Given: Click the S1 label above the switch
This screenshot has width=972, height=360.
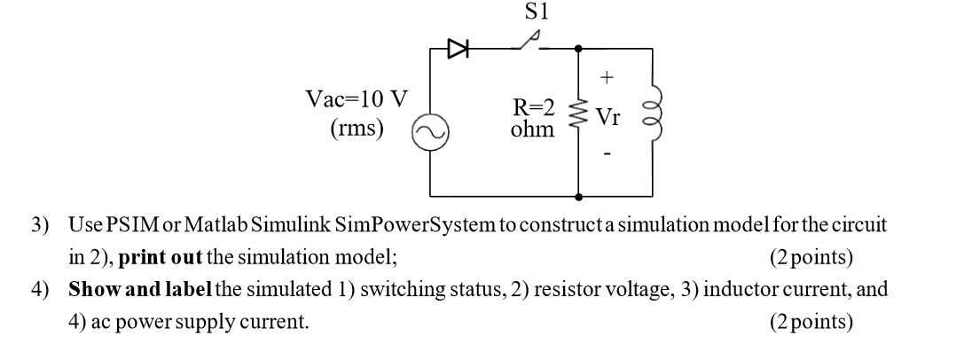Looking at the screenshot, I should coord(537,12).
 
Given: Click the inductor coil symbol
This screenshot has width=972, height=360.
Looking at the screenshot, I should coord(655,113).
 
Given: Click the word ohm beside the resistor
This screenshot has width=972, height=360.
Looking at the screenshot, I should coord(533,130).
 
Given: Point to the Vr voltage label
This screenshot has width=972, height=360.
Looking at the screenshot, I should coord(608,118).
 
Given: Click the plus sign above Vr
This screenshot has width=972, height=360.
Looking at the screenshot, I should coord(607,78).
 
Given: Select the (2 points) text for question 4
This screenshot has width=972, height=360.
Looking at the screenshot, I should coord(811,321).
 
